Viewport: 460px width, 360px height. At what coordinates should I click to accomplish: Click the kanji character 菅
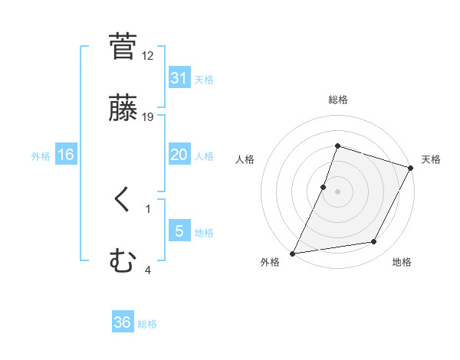point(123,47)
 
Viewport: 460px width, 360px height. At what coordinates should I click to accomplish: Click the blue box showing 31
point(179,77)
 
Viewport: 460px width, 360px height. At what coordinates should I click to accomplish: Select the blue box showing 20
point(179,155)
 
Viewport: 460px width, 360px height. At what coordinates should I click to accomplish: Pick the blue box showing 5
point(179,231)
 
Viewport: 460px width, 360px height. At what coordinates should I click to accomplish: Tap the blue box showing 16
point(66,155)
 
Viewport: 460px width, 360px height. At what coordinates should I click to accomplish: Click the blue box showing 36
point(123,322)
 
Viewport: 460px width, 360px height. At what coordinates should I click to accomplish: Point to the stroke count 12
point(148,56)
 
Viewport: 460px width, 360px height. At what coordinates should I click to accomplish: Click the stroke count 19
point(148,117)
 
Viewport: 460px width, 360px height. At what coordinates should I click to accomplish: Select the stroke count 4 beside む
point(148,270)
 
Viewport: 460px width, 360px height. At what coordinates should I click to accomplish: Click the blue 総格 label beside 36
point(148,324)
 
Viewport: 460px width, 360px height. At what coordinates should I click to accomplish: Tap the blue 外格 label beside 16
point(41,155)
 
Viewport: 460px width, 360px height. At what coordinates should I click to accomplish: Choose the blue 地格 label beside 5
point(204,233)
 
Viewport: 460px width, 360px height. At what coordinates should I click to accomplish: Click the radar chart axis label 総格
point(338,100)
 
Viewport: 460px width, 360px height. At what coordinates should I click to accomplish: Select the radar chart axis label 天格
point(432,159)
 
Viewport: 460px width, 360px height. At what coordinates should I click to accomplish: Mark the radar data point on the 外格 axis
point(293,254)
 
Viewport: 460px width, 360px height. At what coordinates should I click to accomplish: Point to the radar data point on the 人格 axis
point(324,187)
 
